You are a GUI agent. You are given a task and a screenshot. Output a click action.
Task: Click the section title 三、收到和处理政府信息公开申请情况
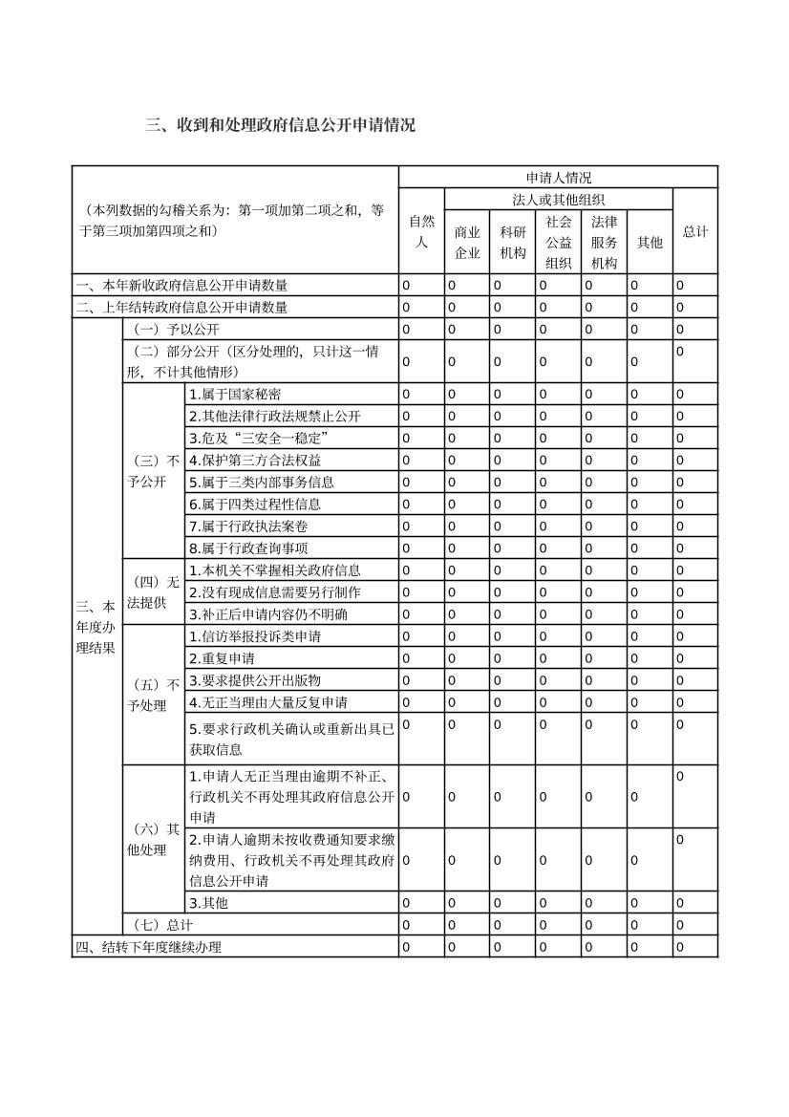pyautogui.click(x=280, y=125)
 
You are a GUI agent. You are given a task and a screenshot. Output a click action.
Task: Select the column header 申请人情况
pyautogui.click(x=558, y=178)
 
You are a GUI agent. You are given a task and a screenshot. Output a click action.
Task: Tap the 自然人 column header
pyautogui.click(x=421, y=231)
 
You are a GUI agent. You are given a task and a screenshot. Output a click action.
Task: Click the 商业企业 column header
pyautogui.click(x=467, y=243)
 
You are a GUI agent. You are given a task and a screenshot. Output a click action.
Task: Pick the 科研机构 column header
pyautogui.click(x=513, y=243)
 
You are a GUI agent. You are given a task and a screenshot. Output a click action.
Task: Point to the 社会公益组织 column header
pyautogui.click(x=559, y=243)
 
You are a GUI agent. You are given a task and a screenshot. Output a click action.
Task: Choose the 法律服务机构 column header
pyautogui.click(x=604, y=243)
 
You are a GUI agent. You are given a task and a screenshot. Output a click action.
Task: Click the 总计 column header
pyautogui.click(x=694, y=231)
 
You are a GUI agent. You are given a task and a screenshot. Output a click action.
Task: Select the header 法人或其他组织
pyautogui.click(x=558, y=200)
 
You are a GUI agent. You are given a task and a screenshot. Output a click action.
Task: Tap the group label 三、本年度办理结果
pyautogui.click(x=96, y=628)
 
